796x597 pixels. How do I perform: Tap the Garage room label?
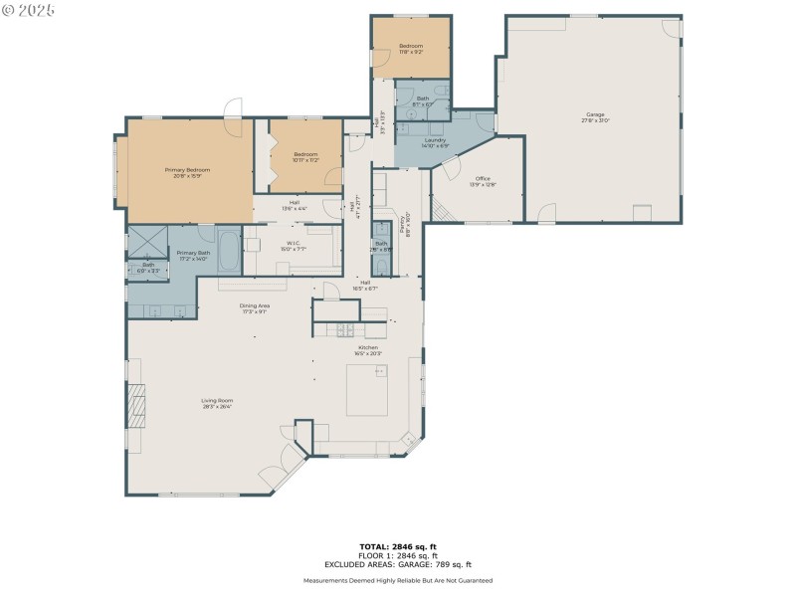coord(595,116)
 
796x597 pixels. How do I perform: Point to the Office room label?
coord(483,181)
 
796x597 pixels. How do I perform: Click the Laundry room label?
coord(435,142)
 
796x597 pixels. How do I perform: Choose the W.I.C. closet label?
coord(294,245)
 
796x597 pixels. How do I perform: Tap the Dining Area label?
coord(254,308)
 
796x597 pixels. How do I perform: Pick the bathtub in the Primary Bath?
coord(227,252)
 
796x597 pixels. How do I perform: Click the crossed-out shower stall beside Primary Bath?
coord(146,242)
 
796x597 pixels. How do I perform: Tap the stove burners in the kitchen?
coord(346,329)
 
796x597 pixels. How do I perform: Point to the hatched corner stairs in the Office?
coord(438,208)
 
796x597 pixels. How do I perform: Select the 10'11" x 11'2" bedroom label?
coord(305,156)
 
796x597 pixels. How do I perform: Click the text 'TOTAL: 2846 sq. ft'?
coord(398,546)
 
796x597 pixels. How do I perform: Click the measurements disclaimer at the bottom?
coord(398,580)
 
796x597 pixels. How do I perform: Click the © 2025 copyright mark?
coord(29,10)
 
